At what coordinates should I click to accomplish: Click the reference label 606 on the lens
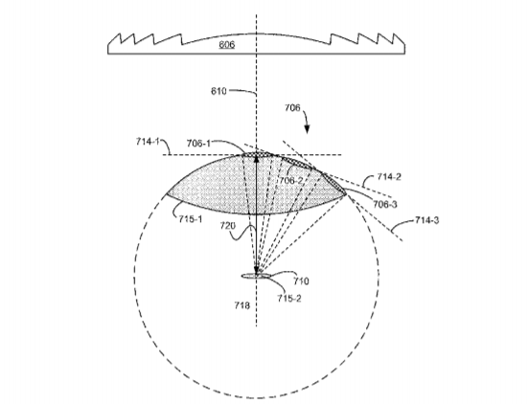227,45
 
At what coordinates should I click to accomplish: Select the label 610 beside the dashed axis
218,91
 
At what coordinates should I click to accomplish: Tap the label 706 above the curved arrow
292,108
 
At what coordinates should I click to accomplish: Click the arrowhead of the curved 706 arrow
308,129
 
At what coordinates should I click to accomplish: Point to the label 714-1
148,142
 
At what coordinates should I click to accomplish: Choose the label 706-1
198,144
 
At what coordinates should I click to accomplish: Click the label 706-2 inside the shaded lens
291,181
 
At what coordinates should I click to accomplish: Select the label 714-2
389,177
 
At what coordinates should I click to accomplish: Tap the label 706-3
385,204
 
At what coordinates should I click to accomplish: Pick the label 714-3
426,220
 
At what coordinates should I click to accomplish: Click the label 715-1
191,219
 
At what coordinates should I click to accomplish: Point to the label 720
228,226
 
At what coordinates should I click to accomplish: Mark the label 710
301,281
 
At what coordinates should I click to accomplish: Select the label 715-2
289,298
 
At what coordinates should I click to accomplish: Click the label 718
242,305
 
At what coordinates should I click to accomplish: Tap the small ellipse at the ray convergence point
256,276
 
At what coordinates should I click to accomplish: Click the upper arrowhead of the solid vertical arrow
257,160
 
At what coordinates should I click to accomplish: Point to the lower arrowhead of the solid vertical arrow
257,270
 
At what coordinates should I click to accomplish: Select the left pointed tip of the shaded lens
167,193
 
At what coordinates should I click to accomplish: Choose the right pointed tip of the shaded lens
346,194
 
